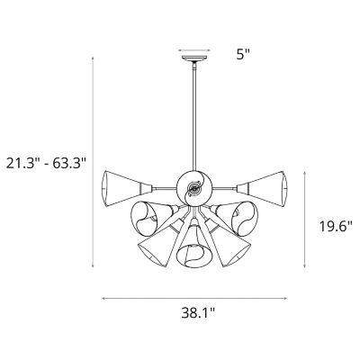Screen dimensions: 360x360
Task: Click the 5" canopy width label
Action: click(x=243, y=53)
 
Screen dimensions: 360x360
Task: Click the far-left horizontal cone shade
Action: click(x=121, y=186)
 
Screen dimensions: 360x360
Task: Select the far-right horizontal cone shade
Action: click(x=267, y=186)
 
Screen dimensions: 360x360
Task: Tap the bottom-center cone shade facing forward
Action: click(x=193, y=247)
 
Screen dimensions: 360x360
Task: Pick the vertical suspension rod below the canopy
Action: click(x=194, y=117)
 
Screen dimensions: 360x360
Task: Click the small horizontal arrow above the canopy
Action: click(x=194, y=51)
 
